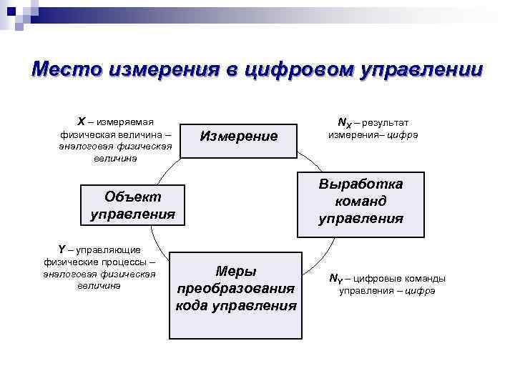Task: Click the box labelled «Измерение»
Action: [x=238, y=135]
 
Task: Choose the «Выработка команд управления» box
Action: [x=360, y=202]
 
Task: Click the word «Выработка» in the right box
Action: [x=360, y=184]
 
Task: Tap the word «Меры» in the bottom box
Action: [x=236, y=271]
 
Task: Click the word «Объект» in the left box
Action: [x=133, y=197]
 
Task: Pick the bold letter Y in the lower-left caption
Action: [x=62, y=249]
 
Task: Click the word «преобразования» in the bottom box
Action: [x=236, y=288]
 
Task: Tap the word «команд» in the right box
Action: [x=360, y=202]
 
